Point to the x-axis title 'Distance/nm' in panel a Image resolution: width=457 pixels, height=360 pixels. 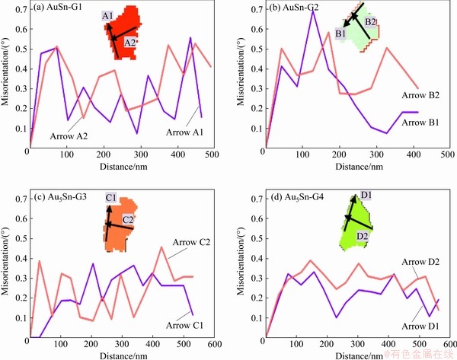121,164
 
